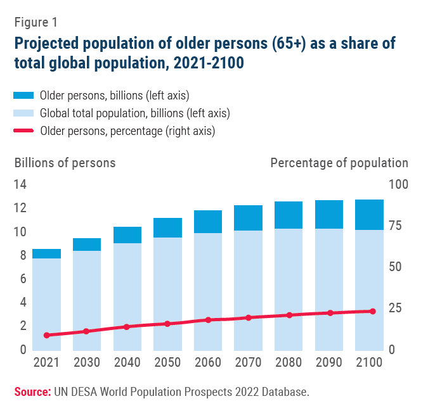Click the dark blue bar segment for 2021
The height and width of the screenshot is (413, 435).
coord(46,253)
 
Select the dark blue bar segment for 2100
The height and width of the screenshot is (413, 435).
coord(369,215)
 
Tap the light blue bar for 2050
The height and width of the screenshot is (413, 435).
coord(167,293)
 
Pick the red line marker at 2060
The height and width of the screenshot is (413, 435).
coord(208,320)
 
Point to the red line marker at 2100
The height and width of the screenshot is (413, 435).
coord(372,311)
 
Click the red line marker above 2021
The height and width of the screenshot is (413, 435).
coord(46,335)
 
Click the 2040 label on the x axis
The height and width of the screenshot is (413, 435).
coord(127,363)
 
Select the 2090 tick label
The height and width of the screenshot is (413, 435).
coord(329,363)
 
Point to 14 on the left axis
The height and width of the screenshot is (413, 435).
coord(20,185)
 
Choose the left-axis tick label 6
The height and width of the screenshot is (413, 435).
coord(23,279)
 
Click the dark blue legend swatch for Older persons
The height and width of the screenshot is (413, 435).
coord(23,96)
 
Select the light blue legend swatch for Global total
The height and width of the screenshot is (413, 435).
coord(23,114)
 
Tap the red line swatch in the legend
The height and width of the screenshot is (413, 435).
coord(23,132)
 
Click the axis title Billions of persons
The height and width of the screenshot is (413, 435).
coord(65,163)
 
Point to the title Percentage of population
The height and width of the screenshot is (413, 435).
coord(339,163)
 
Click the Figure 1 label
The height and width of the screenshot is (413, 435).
coord(36,22)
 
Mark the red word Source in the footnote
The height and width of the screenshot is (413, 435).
coord(32,393)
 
